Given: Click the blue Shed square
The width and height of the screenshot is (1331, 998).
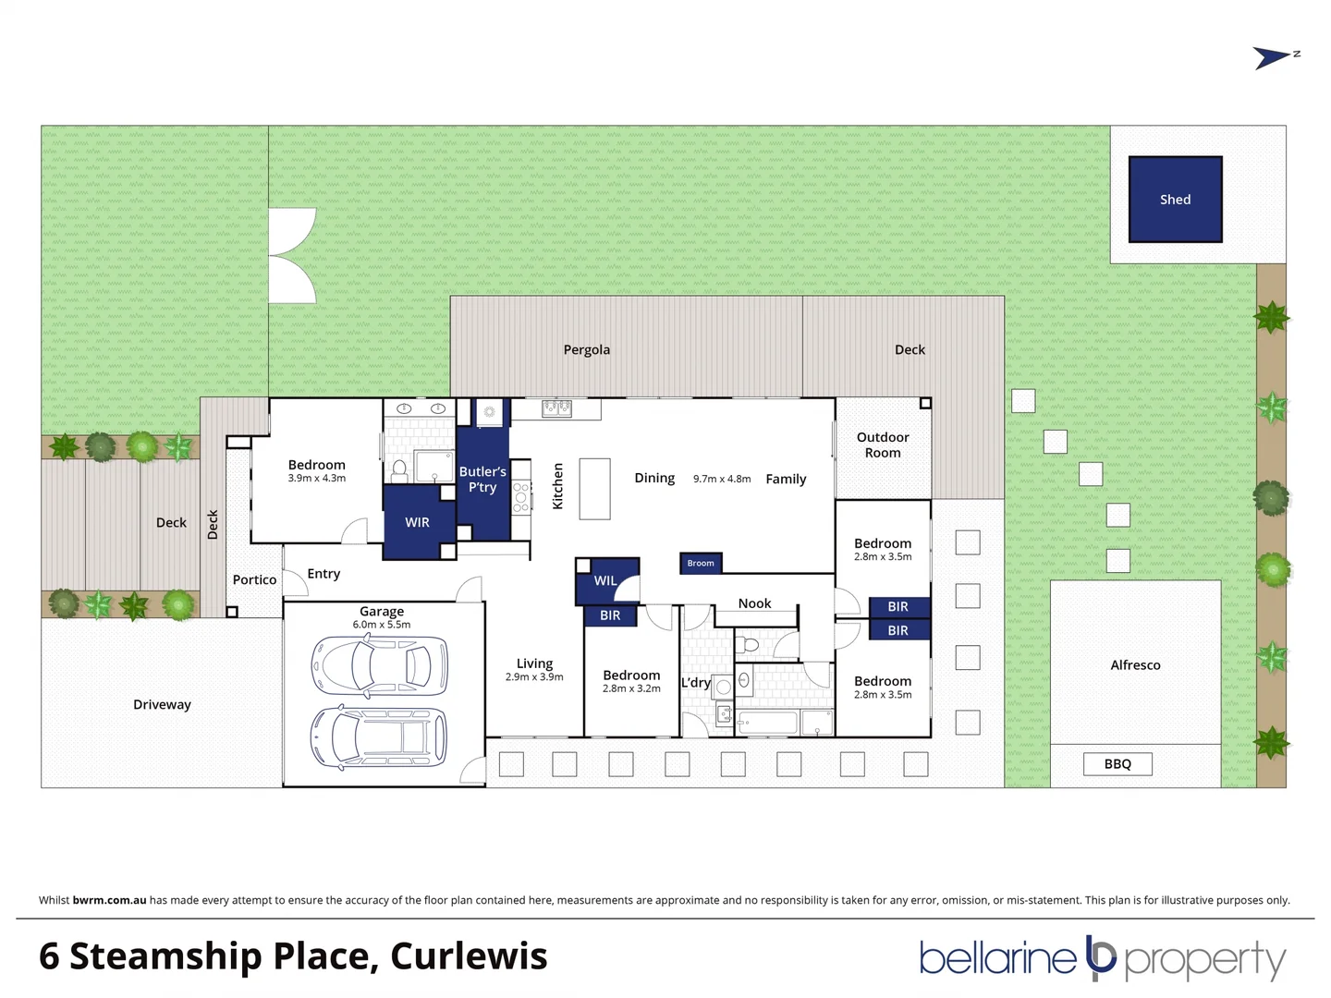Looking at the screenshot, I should tap(1175, 200).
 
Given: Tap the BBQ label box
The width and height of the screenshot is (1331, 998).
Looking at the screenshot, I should tap(1117, 764).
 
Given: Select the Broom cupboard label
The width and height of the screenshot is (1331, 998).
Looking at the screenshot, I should tap(701, 563).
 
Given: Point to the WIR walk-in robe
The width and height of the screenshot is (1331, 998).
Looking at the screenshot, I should tap(417, 523).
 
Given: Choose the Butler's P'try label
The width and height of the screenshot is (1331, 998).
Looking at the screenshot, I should tap(482, 480).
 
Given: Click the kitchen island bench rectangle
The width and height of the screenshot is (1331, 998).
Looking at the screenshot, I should tap(595, 489).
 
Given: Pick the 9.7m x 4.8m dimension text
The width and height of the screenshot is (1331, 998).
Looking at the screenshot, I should tap(722, 479).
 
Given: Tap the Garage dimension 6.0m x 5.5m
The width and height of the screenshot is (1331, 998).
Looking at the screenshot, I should tap(381, 625).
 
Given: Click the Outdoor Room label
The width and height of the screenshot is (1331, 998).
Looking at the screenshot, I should tap(883, 444).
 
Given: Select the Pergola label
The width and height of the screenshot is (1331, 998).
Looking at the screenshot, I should tap(587, 349).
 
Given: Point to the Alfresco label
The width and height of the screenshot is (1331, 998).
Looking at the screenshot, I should tap(1135, 665).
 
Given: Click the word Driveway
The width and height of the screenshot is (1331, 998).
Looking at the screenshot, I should tap(162, 704).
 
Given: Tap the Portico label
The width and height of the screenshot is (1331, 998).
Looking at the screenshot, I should tap(254, 579).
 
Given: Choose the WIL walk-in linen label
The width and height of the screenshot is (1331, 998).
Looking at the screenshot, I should tap(605, 580).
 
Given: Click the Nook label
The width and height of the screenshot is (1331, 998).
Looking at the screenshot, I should tap(754, 603).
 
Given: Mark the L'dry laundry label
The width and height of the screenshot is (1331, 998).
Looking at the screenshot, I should tap(696, 683).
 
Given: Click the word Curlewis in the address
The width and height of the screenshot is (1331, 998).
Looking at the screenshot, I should tap(469, 956).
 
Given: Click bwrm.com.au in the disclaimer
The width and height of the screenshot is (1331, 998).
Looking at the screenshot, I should tap(109, 900).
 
